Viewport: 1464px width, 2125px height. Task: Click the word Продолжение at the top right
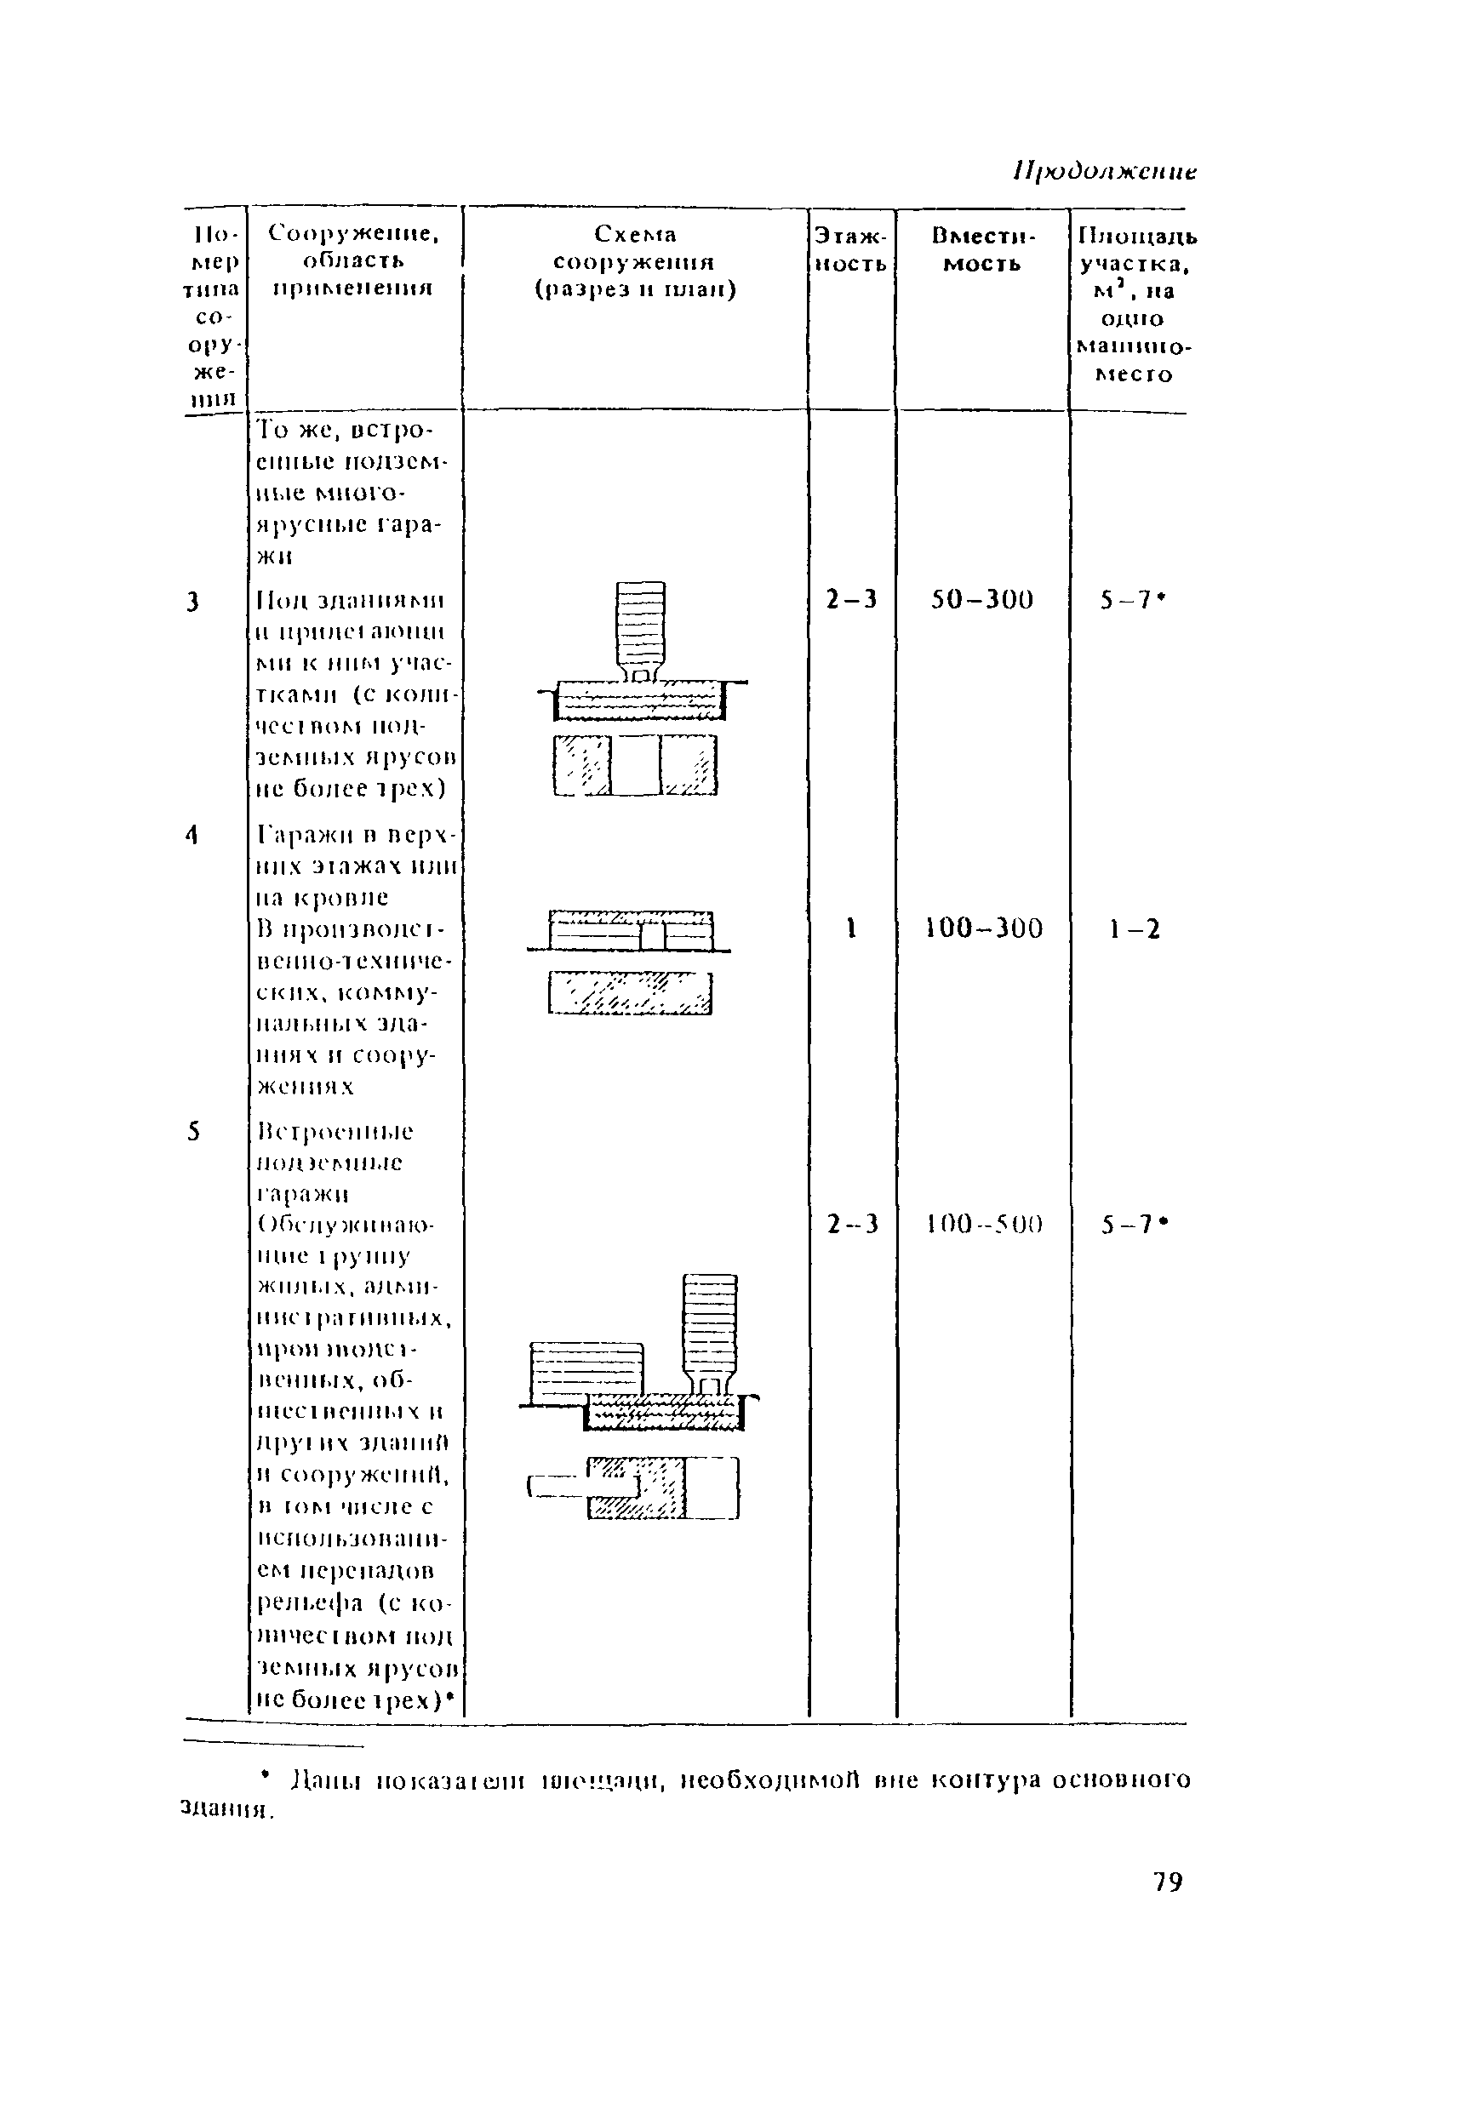[x=1106, y=172]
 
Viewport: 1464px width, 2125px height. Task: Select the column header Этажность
[x=851, y=249]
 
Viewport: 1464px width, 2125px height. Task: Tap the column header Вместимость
[x=982, y=249]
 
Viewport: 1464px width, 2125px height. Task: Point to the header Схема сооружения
[x=635, y=261]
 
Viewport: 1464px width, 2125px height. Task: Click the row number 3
[x=192, y=603]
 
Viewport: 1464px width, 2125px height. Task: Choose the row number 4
[x=192, y=835]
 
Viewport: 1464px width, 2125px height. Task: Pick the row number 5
[x=192, y=1132]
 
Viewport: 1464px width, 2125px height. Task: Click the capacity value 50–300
[x=982, y=600]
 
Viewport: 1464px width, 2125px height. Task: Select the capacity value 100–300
[x=983, y=929]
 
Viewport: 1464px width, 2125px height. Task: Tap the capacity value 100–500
[x=984, y=1225]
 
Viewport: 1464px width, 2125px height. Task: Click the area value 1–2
[x=1135, y=930]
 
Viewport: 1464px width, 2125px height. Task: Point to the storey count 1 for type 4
[x=851, y=929]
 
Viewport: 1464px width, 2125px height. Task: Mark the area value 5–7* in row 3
[x=1134, y=600]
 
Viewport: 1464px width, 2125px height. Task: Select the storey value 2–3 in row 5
[x=852, y=1225]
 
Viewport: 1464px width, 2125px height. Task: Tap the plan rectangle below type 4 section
[x=630, y=993]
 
